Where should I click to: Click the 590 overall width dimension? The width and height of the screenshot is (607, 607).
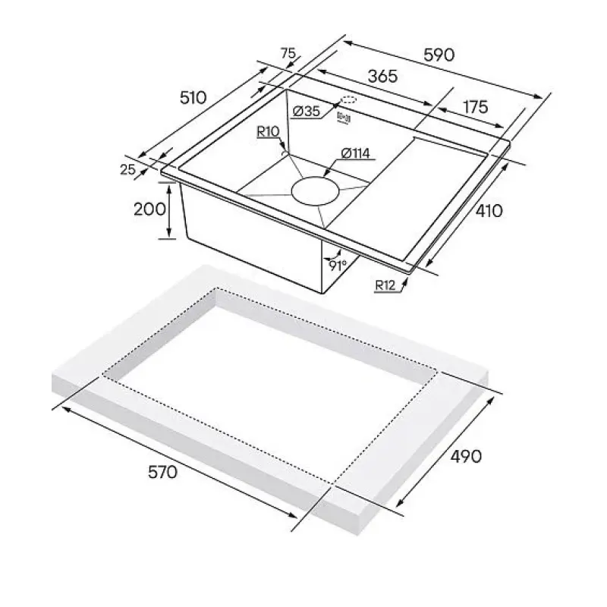coord(439,55)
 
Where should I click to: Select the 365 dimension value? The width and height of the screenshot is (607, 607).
coord(382,77)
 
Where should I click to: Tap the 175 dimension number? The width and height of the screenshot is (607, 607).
coord(476,107)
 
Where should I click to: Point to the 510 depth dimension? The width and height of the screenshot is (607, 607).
coord(193,98)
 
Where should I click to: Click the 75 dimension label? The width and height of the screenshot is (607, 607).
coord(288,53)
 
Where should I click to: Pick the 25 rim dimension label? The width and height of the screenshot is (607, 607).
coord(127,169)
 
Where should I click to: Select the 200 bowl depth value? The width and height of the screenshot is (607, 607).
coord(149,209)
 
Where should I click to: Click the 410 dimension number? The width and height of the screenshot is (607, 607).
coord(489,211)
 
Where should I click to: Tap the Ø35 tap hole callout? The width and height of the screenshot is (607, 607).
coord(307,112)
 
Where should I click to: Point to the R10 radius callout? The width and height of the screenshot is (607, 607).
coord(268,132)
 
